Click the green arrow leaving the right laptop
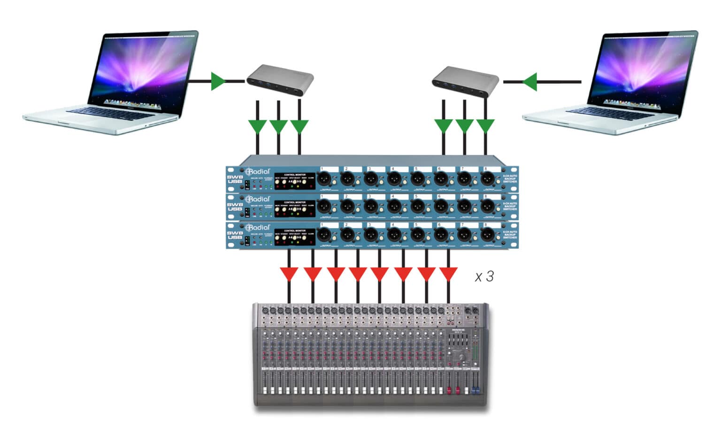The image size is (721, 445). pos(529,82)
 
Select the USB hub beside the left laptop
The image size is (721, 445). pos(280,81)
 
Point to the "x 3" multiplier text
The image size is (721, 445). pos(484,276)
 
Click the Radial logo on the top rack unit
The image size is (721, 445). pos(258,171)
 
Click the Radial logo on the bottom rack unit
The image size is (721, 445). pos(258,227)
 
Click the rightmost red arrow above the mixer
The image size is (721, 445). pos(448,274)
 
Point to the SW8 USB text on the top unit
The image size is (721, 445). pos(235,179)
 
